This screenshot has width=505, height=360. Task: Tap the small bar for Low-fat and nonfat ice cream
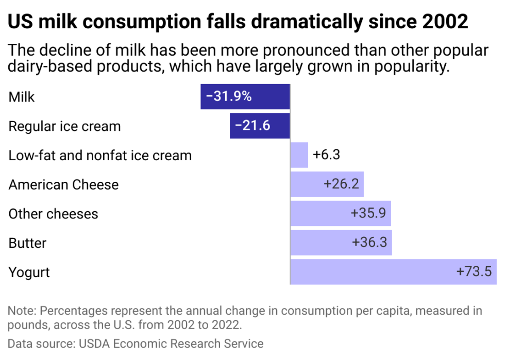point(299,155)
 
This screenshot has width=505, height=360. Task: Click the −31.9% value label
point(229,96)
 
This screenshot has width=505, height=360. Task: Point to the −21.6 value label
point(252,126)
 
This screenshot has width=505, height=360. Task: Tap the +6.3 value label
point(326,155)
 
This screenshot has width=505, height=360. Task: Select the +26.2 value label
point(341,184)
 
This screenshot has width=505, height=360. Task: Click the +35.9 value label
point(368,214)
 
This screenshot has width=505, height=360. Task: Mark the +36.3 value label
point(369,243)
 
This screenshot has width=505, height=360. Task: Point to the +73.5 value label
point(474,272)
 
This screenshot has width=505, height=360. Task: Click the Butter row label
point(27,243)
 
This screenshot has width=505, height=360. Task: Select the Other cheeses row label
point(53,214)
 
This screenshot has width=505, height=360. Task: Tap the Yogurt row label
point(29,272)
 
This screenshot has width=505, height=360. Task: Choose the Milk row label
point(22,97)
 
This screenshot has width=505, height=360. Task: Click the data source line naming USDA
point(136,344)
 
